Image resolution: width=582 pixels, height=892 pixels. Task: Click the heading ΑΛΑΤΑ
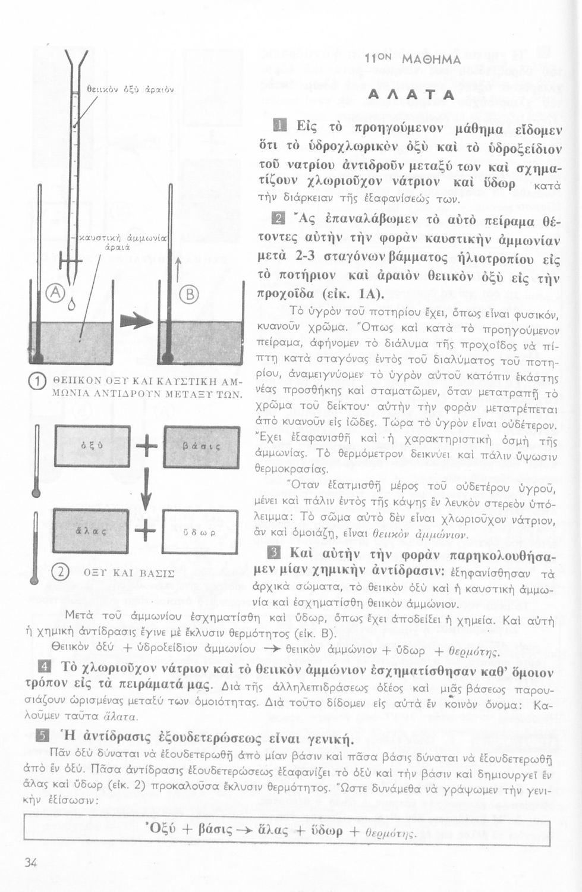tap(411, 95)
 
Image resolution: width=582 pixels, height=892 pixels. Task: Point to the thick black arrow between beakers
tap(136, 322)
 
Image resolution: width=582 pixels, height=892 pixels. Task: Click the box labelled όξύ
tap(92, 446)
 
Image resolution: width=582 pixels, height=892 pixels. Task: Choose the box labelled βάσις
tap(200, 447)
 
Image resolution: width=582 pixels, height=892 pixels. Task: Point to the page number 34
tap(31, 862)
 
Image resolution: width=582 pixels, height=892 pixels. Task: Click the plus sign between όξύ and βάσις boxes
tap(146, 447)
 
